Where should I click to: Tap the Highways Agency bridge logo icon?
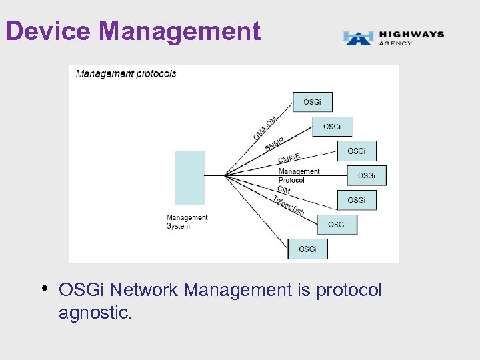point(357,38)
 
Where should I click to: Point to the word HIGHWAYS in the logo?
point(411,34)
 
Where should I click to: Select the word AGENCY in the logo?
point(395,43)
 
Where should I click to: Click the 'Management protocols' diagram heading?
point(126,73)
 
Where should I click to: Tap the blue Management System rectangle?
point(190,177)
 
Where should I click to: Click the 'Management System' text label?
point(187,221)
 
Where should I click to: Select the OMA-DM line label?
point(265,128)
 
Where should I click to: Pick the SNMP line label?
point(274,144)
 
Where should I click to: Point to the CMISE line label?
point(289,159)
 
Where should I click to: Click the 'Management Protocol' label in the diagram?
point(299,176)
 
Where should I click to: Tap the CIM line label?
point(284,190)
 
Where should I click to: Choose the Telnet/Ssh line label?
point(289,205)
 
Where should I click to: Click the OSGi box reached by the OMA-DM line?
point(312,102)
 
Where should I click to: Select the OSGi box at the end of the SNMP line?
point(332,127)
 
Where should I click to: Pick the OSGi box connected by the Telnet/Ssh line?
point(337,225)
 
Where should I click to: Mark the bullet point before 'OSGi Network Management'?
point(43,289)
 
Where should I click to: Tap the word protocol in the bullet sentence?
point(349,290)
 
